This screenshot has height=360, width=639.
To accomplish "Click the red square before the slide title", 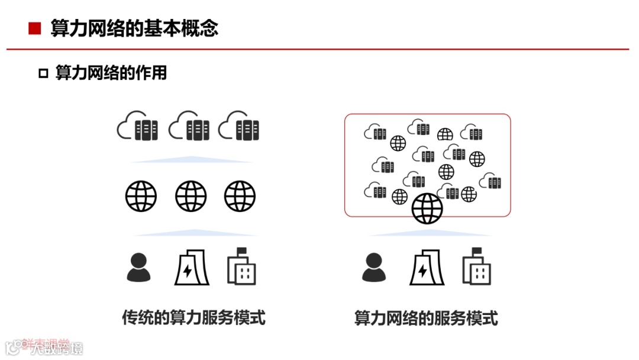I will click(x=35, y=28).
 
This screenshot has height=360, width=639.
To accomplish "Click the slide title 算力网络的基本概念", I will click(x=134, y=28).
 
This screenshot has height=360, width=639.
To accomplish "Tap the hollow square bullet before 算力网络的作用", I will click(x=43, y=73).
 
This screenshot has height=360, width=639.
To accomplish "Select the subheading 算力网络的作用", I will click(x=111, y=73).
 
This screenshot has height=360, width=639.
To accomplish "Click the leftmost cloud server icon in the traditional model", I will click(x=137, y=126).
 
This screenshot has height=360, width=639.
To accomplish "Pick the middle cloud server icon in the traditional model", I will click(x=189, y=126).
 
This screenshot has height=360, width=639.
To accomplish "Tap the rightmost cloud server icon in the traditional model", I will click(x=238, y=126).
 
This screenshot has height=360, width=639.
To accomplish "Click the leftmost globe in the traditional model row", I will click(x=141, y=196).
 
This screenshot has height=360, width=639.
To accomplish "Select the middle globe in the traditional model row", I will click(x=191, y=196).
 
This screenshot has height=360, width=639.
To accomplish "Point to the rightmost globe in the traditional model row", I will click(x=240, y=196).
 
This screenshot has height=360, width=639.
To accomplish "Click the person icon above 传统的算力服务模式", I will click(x=138, y=267).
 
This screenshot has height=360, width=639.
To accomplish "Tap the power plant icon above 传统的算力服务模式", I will click(x=188, y=267).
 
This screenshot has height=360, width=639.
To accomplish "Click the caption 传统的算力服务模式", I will click(x=193, y=318).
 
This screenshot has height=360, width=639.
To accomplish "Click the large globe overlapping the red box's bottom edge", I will click(x=427, y=208).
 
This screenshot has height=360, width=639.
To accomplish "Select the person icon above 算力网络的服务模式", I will click(x=374, y=267).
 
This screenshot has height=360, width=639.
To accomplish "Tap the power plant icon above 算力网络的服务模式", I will click(x=423, y=267).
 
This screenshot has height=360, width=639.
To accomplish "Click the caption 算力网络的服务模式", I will click(x=426, y=319).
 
